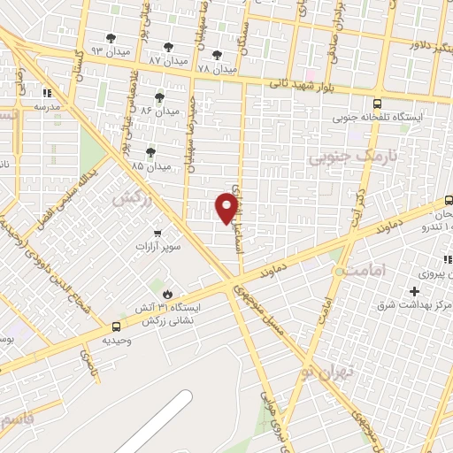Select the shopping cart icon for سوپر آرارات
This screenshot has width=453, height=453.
pos(157,234)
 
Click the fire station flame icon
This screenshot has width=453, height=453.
pos(165,292)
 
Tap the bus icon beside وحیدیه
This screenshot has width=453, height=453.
pos(104,326)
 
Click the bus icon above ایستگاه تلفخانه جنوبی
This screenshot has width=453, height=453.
pos(378,103)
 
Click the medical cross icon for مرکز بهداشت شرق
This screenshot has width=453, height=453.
pos(414,291)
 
